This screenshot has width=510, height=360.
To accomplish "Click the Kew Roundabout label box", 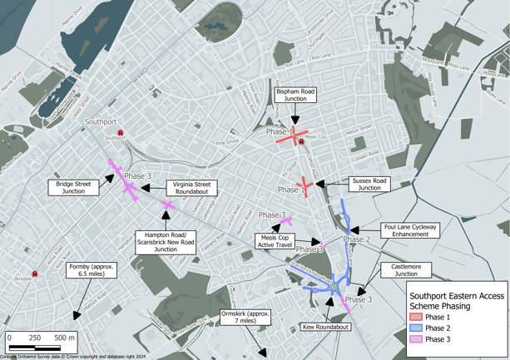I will coord(324,328).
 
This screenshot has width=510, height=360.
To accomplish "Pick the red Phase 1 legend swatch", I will coord(415,318).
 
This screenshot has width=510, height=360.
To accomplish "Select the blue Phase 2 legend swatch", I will coord(415,328).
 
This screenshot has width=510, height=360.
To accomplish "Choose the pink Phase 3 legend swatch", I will coord(415,339).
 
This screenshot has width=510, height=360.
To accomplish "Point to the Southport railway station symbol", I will coord(121,132).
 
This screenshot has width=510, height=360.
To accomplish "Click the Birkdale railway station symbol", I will coord(35,274).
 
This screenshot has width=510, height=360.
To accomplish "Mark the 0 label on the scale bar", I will coord(9,338).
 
